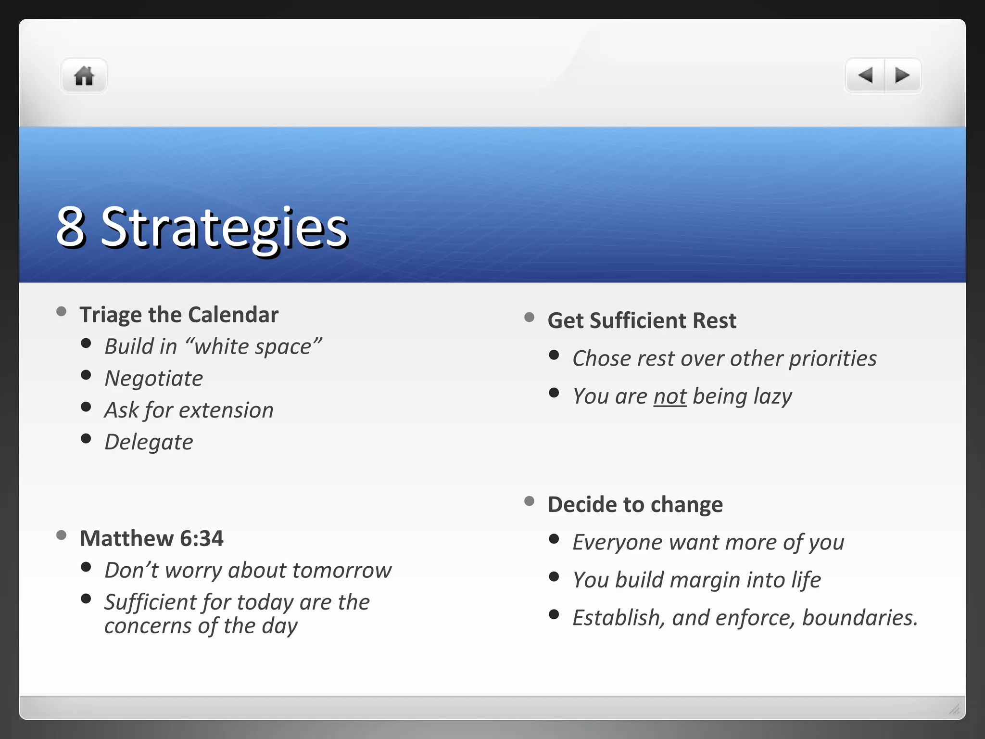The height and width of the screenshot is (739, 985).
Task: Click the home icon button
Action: click(84, 76)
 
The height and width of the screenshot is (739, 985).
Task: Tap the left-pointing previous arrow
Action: click(865, 76)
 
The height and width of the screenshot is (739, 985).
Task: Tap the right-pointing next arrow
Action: click(902, 76)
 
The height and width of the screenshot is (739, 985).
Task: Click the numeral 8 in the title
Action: click(71, 227)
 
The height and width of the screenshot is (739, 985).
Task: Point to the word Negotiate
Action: click(154, 379)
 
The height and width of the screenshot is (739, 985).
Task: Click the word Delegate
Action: click(149, 442)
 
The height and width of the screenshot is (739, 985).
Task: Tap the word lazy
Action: click(772, 397)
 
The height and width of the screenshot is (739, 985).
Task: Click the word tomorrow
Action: click(341, 571)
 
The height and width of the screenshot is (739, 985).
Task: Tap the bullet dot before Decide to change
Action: click(529, 501)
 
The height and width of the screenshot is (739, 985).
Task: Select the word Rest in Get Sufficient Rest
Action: click(714, 321)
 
